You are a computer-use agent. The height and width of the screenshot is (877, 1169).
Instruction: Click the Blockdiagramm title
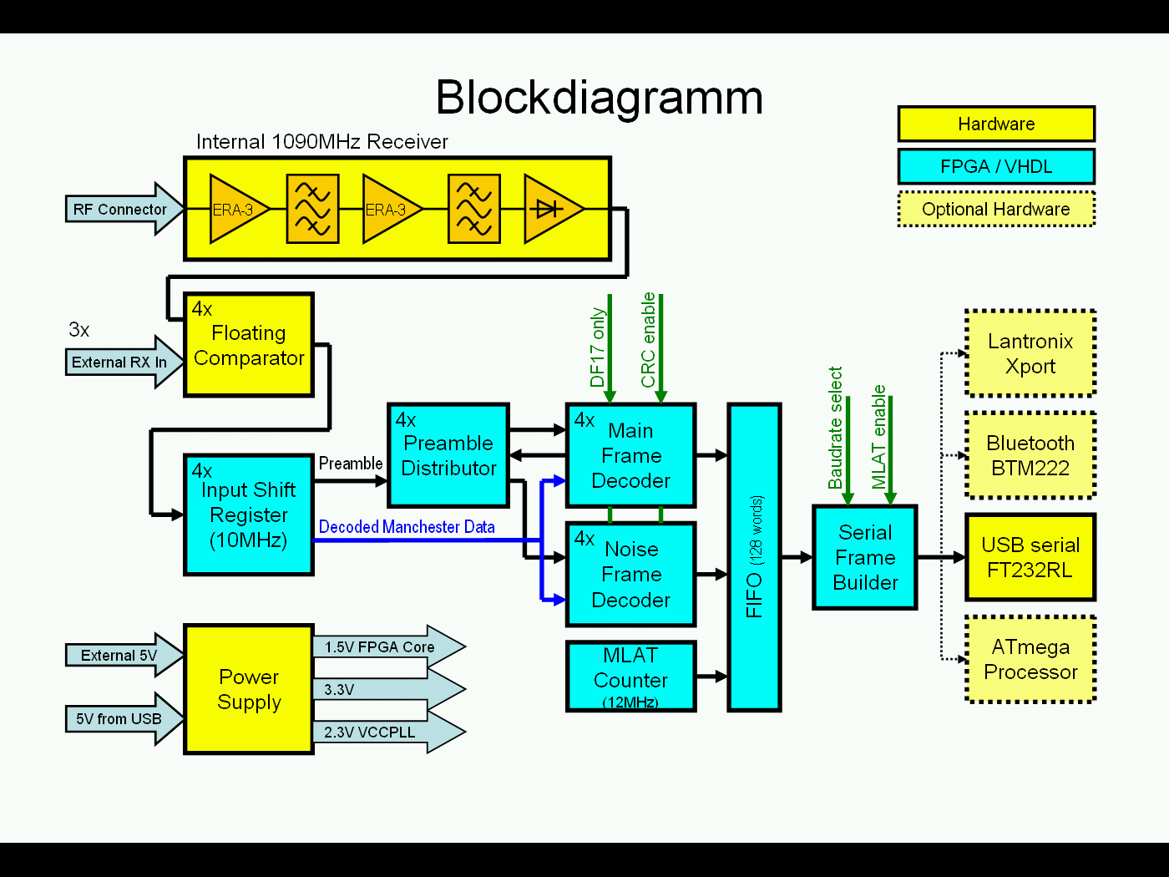[x=599, y=98]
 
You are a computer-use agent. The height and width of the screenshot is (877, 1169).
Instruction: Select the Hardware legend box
[x=995, y=124]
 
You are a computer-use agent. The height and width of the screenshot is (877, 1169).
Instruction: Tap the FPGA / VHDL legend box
[x=995, y=166]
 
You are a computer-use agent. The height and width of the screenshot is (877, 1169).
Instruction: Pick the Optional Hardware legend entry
[x=995, y=209]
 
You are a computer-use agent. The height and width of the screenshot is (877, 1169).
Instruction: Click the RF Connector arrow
[x=121, y=209]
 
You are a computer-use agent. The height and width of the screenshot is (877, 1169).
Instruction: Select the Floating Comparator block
[x=248, y=345]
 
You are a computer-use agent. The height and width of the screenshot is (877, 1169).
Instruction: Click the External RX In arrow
[x=121, y=362]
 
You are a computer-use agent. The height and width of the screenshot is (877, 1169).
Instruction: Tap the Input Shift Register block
[x=248, y=515]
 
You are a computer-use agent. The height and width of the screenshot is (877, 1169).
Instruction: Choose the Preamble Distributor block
[x=448, y=455]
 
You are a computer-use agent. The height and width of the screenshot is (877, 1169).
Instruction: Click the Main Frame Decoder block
[x=630, y=455]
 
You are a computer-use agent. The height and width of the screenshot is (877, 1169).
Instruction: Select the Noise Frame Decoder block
[x=630, y=575]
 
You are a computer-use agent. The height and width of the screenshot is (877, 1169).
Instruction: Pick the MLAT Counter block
[x=630, y=677]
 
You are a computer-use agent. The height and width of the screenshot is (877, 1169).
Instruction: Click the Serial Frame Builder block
[x=865, y=557]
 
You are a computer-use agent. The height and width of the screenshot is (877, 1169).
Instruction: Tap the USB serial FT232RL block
[x=1030, y=557]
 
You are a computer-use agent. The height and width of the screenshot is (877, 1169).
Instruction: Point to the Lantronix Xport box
[x=1030, y=353]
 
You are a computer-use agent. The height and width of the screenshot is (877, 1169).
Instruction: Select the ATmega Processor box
[x=1030, y=659]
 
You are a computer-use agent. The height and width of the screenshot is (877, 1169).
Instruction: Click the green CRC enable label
[x=648, y=340]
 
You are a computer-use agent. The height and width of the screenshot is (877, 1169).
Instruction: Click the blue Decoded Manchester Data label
[x=407, y=527]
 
